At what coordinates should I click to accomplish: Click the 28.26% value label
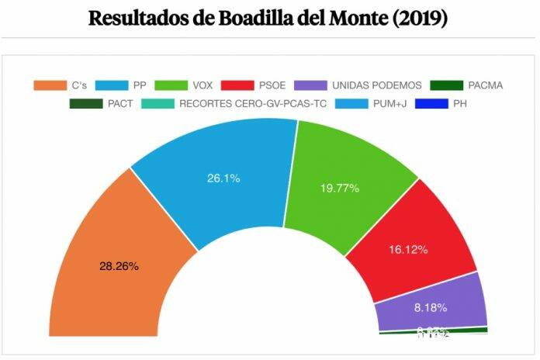coord(119,266)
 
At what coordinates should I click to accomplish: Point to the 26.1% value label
coord(223,178)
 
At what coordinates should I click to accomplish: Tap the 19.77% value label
coord(340,187)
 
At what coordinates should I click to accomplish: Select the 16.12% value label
coord(407,251)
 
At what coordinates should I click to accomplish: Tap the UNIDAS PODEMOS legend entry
coord(358,85)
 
